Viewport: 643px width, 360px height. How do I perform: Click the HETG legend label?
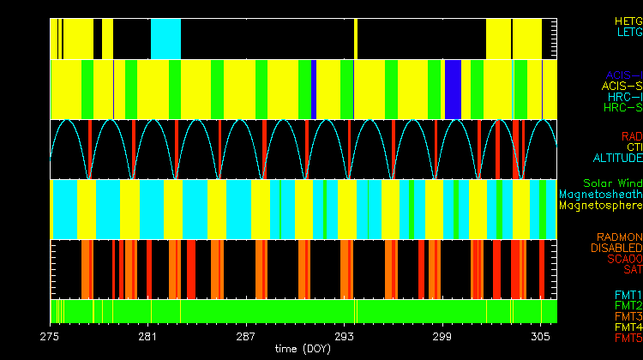coord(628,21)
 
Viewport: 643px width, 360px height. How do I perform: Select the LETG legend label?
coord(628,33)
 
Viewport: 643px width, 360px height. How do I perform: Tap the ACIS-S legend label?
coord(622,86)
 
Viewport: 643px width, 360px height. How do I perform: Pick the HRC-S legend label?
coord(622,108)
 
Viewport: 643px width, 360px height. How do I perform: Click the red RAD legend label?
coord(631,136)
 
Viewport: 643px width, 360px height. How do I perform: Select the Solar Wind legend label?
coord(612,183)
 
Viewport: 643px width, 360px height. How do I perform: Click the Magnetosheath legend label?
coord(600,195)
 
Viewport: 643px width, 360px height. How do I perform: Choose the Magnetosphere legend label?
coord(600,206)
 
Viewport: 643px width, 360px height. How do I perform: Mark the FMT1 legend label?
coord(628,295)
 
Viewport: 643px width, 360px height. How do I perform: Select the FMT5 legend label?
coord(628,339)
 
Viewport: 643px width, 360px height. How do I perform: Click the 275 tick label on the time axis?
coord(50,335)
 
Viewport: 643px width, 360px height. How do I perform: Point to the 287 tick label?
coord(247,335)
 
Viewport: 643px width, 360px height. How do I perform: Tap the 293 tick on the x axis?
coord(345,335)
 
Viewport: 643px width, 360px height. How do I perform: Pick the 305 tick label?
coord(541,335)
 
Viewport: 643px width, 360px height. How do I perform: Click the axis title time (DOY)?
coord(303,349)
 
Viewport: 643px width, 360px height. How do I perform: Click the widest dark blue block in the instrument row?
coord(454,89)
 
